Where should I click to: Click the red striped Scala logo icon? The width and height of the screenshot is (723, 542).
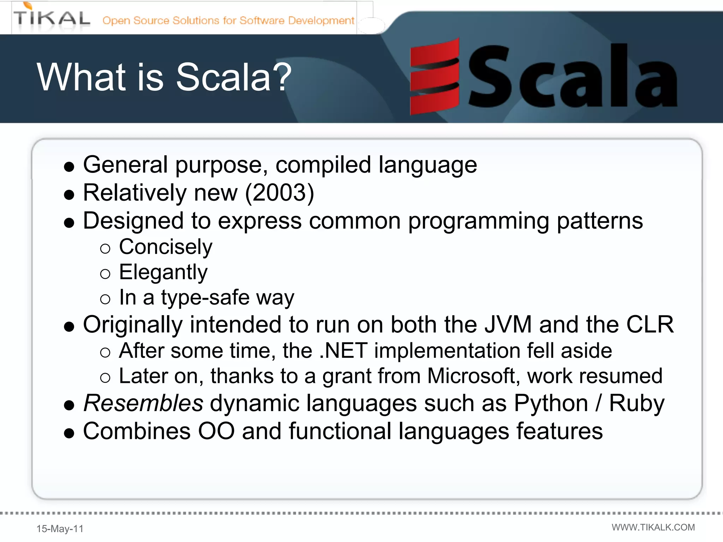(434, 77)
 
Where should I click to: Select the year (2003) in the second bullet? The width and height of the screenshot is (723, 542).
(279, 193)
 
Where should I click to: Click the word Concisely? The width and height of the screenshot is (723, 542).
(166, 247)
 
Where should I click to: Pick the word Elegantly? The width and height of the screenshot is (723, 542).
(163, 272)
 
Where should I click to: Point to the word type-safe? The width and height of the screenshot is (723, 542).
(205, 297)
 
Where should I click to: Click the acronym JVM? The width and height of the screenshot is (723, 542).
(508, 324)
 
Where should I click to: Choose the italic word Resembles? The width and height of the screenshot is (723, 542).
(143, 403)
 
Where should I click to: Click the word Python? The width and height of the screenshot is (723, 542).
(551, 403)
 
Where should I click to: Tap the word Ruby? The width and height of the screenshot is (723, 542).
(637, 403)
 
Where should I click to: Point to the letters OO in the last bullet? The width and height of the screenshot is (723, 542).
(216, 431)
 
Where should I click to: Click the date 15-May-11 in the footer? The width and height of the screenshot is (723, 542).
(60, 529)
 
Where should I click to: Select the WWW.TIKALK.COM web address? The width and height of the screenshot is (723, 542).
(653, 527)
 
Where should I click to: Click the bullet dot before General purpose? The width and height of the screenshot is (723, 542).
(69, 167)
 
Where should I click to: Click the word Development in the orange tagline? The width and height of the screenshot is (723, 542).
(321, 20)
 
